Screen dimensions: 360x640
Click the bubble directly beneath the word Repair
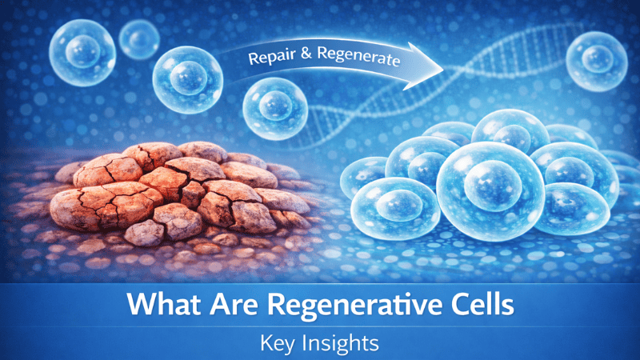(275, 107)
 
